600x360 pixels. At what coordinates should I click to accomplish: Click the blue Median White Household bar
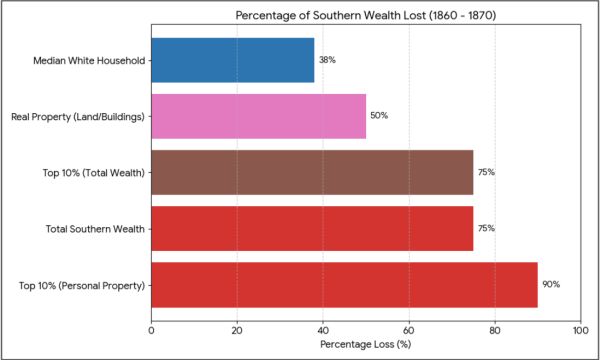(x=233, y=60)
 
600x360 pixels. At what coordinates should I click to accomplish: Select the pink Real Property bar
(x=259, y=116)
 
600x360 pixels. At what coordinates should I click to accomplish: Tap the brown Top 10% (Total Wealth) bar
(x=312, y=173)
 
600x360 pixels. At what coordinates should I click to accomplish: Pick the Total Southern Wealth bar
(x=312, y=229)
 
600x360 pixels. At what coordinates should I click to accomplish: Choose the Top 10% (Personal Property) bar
(x=344, y=285)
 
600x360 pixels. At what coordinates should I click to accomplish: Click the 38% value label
(x=327, y=60)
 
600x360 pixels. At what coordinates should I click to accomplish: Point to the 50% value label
(x=379, y=116)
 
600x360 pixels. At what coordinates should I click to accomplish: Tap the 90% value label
(x=551, y=285)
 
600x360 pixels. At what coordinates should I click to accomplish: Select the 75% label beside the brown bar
(x=486, y=173)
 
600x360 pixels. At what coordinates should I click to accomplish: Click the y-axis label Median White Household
(x=89, y=61)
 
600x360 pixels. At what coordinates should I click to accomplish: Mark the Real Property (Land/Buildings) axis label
(x=78, y=117)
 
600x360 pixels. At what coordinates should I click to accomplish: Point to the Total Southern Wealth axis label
(x=95, y=229)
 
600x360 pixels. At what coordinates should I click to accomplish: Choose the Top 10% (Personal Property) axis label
(x=82, y=286)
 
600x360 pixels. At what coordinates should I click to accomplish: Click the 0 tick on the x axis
(x=152, y=330)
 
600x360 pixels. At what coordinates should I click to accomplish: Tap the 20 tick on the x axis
(x=237, y=330)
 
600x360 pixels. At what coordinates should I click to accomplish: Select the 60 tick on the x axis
(x=409, y=330)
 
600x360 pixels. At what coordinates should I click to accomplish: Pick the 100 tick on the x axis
(x=581, y=330)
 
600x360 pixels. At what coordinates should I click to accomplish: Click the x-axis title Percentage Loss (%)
(x=365, y=344)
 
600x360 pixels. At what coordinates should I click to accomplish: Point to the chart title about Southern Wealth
(x=365, y=16)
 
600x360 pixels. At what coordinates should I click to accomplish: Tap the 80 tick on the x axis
(x=495, y=330)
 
